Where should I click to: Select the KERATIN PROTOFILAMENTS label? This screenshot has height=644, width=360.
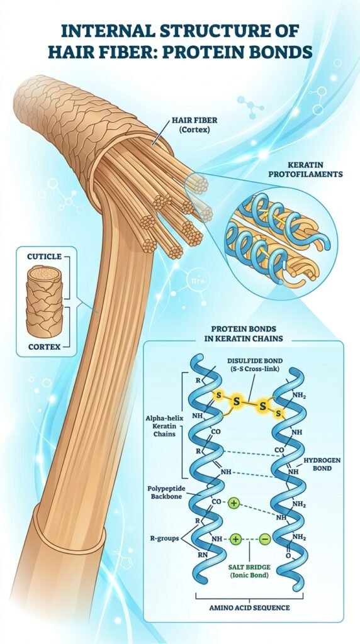coord(305,169)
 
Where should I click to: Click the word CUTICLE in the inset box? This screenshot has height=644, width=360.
coord(45,257)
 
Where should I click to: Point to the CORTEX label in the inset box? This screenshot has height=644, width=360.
coord(45,347)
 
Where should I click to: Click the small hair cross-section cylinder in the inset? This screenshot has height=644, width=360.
coord(45,301)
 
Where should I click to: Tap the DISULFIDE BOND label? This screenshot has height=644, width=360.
coord(255,360)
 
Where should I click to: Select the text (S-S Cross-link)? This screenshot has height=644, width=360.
coord(255,369)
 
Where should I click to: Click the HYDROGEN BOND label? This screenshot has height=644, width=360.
coord(322,464)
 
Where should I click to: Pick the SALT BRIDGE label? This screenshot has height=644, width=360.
coord(249,567)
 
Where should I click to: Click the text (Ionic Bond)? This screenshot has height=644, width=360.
coord(249,575)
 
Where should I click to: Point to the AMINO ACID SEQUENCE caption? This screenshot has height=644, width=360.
coord(249,608)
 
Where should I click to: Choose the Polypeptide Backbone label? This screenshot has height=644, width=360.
coord(166,492)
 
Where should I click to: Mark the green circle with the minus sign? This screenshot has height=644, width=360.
coord(265,539)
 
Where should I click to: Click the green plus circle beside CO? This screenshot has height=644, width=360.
coord(233,502)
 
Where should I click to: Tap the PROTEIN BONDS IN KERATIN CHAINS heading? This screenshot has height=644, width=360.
coord(244,334)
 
